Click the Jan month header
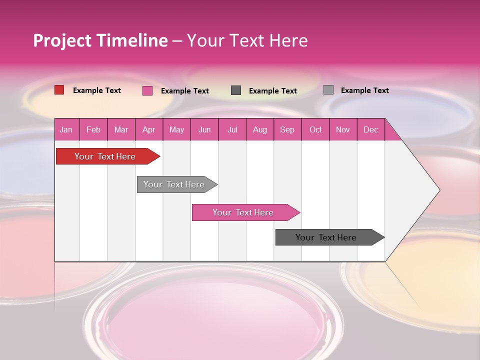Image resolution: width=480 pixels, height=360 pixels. click(66, 130)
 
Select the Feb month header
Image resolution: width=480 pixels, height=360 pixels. click(93, 130)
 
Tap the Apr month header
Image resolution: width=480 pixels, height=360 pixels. click(148, 130)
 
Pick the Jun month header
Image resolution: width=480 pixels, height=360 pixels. click(204, 130)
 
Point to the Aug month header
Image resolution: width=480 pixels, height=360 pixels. click(259, 130)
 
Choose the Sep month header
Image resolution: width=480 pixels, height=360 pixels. click(287, 130)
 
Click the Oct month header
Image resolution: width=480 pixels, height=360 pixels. click(315, 130)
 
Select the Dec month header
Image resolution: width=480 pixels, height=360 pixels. click(370, 130)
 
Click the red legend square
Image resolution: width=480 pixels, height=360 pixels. click(59, 90)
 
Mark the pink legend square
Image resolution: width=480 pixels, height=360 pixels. click(147, 90)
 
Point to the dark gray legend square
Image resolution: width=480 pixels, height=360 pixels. click(236, 90)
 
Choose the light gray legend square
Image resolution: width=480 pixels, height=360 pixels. click(328, 90)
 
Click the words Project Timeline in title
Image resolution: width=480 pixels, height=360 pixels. click(100, 40)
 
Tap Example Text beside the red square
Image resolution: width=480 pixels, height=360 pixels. click(97, 90)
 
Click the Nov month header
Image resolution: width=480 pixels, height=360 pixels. click(343, 130)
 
